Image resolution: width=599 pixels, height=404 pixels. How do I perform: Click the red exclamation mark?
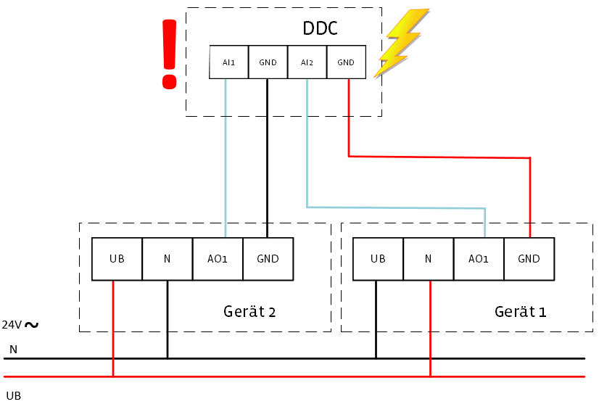tap(169, 54)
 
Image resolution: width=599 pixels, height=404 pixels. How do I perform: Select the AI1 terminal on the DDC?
tap(229, 62)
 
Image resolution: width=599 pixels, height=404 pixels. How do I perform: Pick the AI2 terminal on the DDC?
tap(307, 62)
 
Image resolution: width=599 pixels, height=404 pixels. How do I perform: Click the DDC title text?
tap(320, 30)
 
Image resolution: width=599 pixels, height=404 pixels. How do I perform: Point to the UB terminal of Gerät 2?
tap(117, 259)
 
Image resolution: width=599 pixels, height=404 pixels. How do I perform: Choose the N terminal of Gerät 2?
tap(167, 259)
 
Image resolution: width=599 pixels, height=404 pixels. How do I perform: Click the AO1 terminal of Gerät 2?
tap(218, 259)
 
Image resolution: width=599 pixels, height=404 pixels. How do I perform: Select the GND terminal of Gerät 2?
tap(268, 259)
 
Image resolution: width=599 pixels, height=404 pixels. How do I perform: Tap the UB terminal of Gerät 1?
tap(377, 259)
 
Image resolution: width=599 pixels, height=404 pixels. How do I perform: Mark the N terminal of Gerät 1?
tap(428, 259)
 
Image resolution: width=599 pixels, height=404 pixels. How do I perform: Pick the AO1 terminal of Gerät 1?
tap(479, 259)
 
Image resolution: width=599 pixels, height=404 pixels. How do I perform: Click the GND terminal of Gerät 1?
tap(529, 259)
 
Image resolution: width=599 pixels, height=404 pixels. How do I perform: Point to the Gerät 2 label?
tap(249, 312)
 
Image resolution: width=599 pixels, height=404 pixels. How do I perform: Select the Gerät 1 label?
tap(520, 312)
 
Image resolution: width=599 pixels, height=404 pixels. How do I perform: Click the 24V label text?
tap(12, 324)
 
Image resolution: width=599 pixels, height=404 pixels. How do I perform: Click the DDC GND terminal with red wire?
tap(346, 62)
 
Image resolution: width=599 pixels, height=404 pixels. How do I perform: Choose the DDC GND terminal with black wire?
tap(268, 62)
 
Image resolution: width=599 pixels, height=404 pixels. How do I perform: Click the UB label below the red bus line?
tap(13, 395)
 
